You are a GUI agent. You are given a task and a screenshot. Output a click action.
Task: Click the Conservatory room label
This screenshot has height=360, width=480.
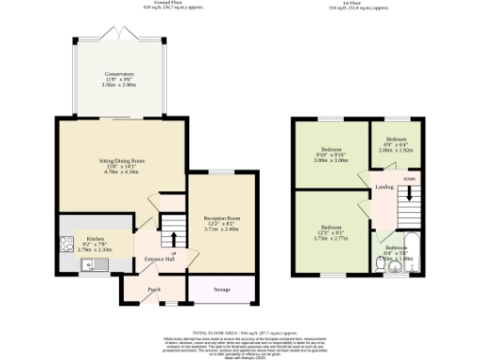coord(119,73)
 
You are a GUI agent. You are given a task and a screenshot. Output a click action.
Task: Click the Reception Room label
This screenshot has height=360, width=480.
coord(222,217)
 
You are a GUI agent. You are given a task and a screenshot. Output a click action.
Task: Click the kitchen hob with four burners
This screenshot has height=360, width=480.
coord(64,246)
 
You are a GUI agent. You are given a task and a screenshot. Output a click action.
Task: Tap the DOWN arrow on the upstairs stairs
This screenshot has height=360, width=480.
coord(409,177)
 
